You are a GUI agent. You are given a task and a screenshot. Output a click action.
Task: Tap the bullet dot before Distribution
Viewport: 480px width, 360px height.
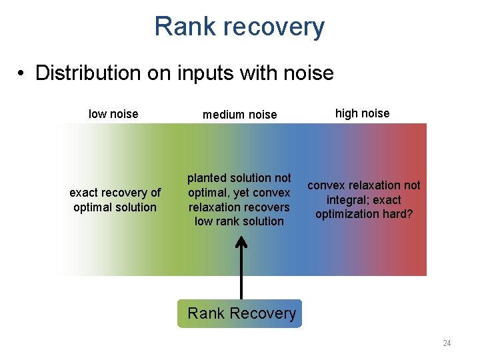(23, 73)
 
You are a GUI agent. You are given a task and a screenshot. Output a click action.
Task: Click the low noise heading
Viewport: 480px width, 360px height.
(113, 114)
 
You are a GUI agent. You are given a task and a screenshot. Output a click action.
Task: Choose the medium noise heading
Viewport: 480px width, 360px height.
(239, 115)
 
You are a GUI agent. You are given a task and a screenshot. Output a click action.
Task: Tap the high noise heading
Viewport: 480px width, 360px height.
(362, 113)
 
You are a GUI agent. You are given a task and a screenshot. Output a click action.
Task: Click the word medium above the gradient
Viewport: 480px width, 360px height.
(223, 115)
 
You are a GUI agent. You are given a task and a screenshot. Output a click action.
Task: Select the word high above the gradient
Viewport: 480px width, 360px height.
(347, 113)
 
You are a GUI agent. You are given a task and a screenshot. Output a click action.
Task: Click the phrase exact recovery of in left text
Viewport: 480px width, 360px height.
(115, 193)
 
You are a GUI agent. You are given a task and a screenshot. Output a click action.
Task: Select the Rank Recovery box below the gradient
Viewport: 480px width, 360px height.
(240, 313)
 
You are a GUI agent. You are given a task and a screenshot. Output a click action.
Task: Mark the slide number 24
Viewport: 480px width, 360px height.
(447, 343)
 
